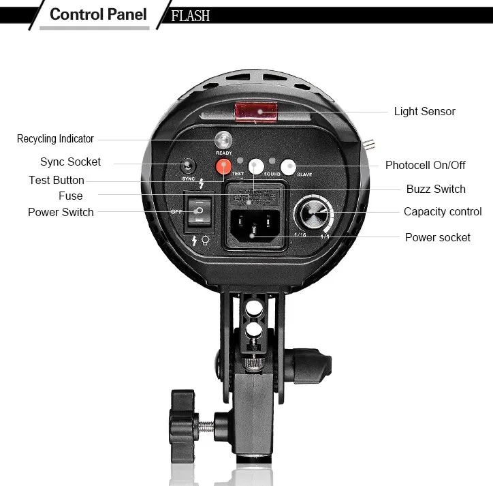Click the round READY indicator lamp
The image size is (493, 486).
point(223,140)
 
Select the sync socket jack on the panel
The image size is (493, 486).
point(187,166)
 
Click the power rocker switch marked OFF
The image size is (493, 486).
point(198,211)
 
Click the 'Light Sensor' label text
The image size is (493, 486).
point(424,111)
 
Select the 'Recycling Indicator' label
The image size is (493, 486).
point(55,139)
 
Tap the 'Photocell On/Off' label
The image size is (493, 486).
point(425,165)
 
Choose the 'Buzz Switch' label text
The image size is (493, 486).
point(436,189)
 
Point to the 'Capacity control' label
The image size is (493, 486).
point(443,211)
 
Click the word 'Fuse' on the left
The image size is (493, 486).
point(71,196)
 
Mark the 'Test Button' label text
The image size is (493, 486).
point(57,180)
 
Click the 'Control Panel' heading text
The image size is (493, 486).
point(98,14)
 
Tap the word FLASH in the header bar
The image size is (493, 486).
point(190,15)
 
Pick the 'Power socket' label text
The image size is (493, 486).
point(438,237)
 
